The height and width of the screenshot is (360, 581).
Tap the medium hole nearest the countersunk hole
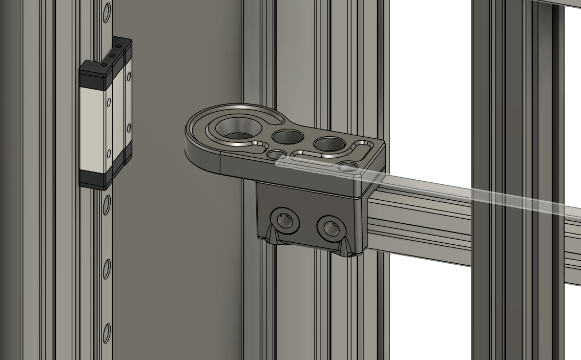click(287, 137)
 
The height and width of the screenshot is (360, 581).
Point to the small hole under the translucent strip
click(349, 166)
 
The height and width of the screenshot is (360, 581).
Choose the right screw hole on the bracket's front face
click(329, 227)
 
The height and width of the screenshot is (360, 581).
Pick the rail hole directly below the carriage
click(107, 204)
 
